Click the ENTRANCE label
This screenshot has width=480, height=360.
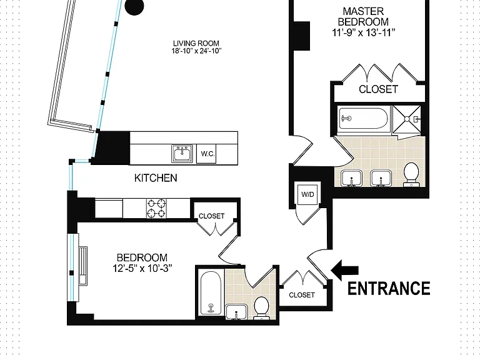click(x=389, y=288)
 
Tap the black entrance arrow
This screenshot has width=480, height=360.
click(x=345, y=270)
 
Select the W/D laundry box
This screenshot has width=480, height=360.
click(x=307, y=194)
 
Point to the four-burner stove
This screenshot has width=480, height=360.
click(x=156, y=209)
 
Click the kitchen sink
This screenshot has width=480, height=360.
click(x=182, y=154)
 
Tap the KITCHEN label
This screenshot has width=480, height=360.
click(x=156, y=178)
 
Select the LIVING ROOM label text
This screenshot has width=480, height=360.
click(x=196, y=44)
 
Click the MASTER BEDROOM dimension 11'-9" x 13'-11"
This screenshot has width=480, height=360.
click(x=364, y=32)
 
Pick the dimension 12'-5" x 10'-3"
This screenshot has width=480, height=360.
click(x=142, y=269)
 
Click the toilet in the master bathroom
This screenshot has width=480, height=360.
click(x=411, y=174)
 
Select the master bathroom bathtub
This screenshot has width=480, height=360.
click(x=364, y=118)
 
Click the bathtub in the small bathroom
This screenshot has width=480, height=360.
click(x=211, y=293)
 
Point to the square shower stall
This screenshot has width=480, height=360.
click(x=406, y=119)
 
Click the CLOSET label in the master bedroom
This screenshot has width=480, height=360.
click(x=378, y=89)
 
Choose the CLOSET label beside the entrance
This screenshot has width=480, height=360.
click(x=302, y=295)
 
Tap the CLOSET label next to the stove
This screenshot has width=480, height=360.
click(x=211, y=216)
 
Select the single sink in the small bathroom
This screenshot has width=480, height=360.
click(x=236, y=312)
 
